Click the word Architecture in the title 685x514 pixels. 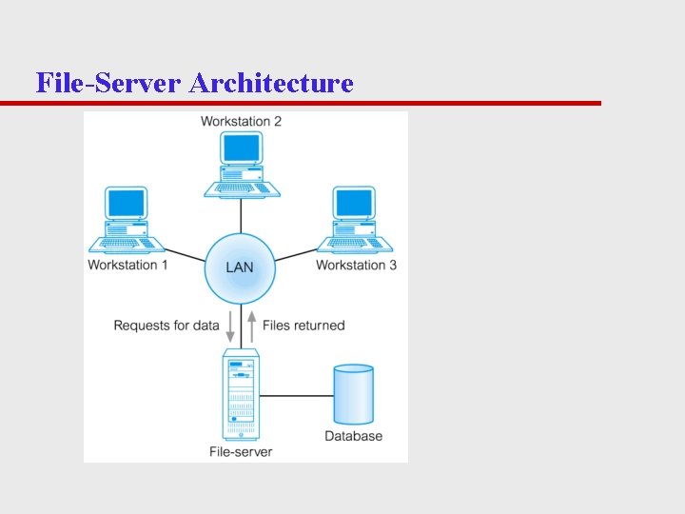(271, 84)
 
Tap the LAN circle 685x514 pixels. (240, 267)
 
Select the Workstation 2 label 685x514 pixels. (241, 121)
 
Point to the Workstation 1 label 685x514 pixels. (127, 265)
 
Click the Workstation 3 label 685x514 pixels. (357, 265)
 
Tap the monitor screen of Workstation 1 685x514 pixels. (127, 203)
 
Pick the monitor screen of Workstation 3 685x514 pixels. (355, 203)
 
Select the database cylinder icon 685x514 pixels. (353, 393)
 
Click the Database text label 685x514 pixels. (353, 436)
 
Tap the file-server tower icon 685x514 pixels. (240, 393)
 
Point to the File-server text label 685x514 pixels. (240, 451)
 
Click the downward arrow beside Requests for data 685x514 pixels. (230, 326)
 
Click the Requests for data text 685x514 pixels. (166, 326)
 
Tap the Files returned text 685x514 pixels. (303, 326)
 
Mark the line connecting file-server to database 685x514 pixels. (295, 393)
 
